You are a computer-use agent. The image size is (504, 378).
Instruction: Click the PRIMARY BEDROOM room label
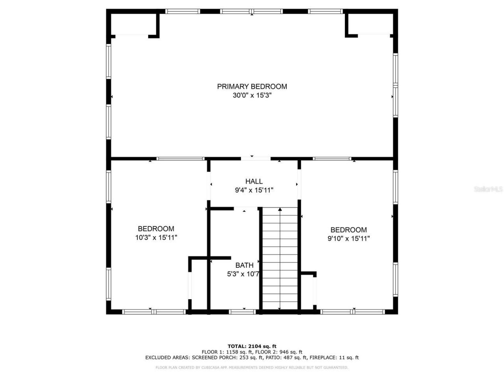coord(252,87)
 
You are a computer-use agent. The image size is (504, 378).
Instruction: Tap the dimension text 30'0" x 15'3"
coord(252,96)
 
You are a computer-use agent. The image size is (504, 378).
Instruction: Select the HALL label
coord(254,182)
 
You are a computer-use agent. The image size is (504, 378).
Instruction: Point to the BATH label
coord(244,265)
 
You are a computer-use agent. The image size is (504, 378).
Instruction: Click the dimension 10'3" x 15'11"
coord(156,238)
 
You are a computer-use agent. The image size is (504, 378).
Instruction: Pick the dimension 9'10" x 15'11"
coord(348,239)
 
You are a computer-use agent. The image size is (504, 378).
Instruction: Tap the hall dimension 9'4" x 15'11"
coord(254,191)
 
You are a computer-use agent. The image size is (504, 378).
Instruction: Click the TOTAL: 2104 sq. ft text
coord(252,346)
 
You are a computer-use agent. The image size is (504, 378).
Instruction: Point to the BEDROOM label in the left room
coord(156,229)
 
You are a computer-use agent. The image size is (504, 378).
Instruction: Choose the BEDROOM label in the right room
coord(348,230)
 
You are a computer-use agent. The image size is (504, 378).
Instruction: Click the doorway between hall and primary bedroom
coord(256,159)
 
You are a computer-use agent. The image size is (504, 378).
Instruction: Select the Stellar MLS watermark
coord(488,189)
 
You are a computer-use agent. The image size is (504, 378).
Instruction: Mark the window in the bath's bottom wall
coord(242,312)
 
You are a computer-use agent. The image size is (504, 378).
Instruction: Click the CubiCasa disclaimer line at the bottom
coord(252,368)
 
